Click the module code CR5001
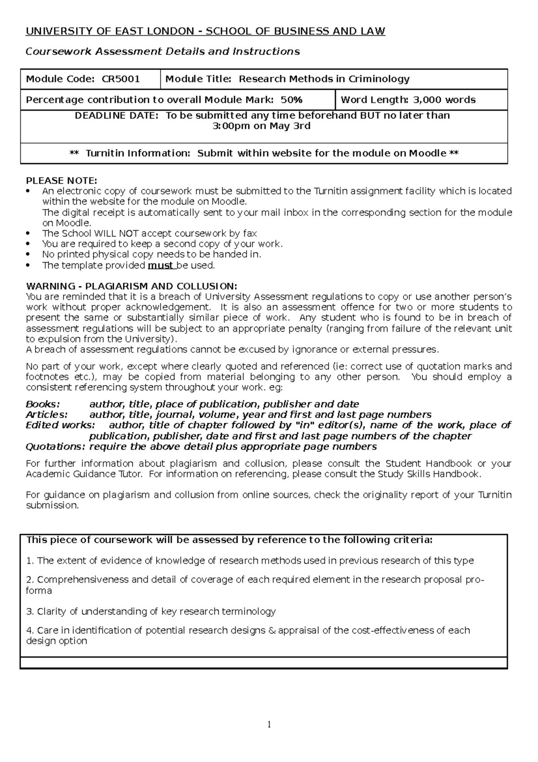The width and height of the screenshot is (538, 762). pos(121,79)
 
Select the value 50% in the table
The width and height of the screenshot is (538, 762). pos(291,100)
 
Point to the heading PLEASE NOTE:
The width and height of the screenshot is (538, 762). pos(61,181)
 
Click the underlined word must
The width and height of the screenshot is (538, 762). pos(161,265)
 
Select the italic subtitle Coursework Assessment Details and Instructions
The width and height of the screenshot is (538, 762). pos(163,52)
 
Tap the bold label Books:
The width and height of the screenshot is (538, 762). pos(43,404)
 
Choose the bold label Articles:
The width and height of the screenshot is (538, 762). pos(47,415)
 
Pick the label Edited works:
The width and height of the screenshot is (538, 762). pos(61,425)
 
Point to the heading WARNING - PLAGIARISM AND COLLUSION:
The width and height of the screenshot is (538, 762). pos(131,286)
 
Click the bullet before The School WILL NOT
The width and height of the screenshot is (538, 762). pos(29,234)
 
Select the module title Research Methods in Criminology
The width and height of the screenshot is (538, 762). pos(324,79)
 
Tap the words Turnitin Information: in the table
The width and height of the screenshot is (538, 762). pos(138,153)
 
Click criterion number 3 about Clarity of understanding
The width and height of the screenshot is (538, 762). pos(151,611)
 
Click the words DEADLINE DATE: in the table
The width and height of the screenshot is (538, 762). pos(116,116)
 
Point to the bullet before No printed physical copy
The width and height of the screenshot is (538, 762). pos(29,255)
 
